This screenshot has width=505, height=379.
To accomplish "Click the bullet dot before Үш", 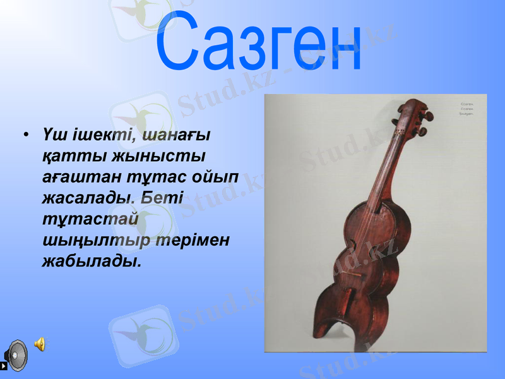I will click(26, 135).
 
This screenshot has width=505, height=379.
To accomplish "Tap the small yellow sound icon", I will click(40, 344).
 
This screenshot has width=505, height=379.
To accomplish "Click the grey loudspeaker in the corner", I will click(16, 355).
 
